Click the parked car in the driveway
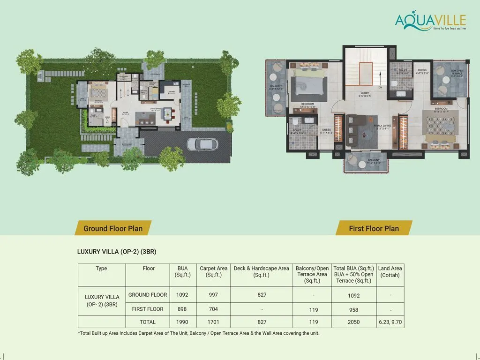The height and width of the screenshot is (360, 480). [x=205, y=143]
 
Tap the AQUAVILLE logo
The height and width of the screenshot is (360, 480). [x=430, y=21]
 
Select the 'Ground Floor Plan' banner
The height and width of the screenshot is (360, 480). [x=112, y=228]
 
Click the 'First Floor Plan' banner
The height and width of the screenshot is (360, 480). [x=374, y=228]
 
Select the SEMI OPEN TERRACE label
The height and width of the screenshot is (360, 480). [x=457, y=72]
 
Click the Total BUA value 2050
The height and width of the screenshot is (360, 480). [x=353, y=322]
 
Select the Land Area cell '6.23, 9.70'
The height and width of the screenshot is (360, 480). [x=390, y=322]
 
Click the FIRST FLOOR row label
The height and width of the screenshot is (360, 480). [x=148, y=309]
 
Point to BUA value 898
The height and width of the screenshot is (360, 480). [x=182, y=309]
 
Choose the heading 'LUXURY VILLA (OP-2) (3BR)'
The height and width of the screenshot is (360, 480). [x=116, y=252]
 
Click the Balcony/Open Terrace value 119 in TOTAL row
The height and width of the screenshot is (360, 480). [x=313, y=322]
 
